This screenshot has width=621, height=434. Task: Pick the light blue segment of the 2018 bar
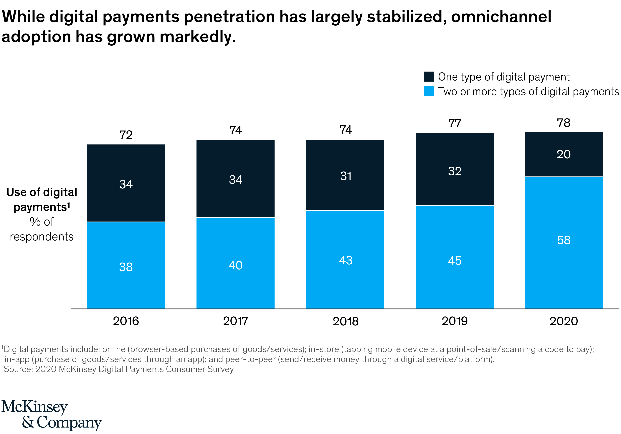point(345,284)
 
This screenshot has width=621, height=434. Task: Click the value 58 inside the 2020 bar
point(564,240)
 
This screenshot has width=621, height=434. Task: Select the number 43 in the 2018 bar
point(346,260)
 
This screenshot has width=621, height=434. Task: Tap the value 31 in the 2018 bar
point(346,176)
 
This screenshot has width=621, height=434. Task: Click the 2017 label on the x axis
point(236,321)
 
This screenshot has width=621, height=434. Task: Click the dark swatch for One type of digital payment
point(429,77)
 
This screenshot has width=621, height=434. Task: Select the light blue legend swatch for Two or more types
point(429,91)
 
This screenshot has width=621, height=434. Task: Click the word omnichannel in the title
point(501,17)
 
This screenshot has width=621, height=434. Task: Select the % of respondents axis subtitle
point(42,229)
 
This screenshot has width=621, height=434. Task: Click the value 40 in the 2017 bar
point(236,265)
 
